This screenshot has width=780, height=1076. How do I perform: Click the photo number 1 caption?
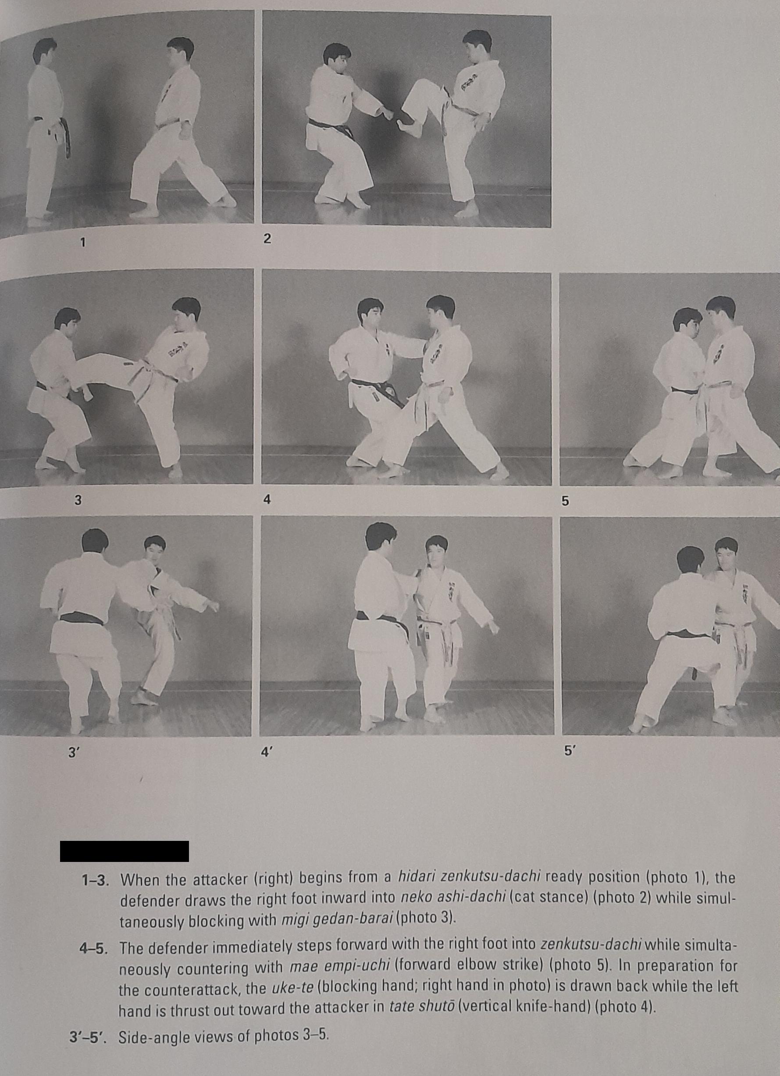click(x=83, y=243)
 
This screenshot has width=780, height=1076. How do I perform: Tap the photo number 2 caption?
click(x=267, y=240)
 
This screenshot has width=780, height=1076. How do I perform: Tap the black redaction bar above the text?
click(x=124, y=851)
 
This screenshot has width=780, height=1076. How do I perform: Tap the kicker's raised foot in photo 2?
click(x=407, y=127)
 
